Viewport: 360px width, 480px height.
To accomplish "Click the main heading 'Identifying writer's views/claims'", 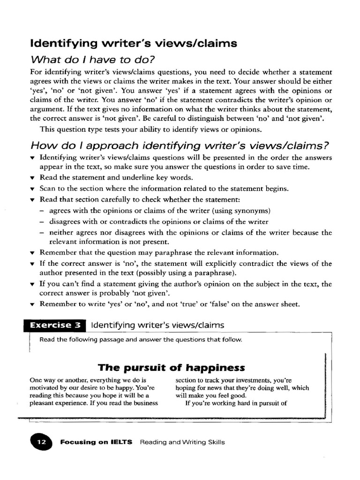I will coord(133,44).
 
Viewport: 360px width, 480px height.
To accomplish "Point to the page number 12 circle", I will coord(42,442).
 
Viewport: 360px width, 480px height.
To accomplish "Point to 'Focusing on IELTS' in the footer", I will coord(97,442).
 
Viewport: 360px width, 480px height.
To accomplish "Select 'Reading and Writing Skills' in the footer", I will coord(182,442).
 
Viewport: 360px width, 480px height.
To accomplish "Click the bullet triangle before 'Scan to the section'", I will coord(32,189).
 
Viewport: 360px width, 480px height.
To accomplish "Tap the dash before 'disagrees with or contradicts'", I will coord(42,222).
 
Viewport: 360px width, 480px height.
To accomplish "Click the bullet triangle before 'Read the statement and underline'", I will coord(32,178).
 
